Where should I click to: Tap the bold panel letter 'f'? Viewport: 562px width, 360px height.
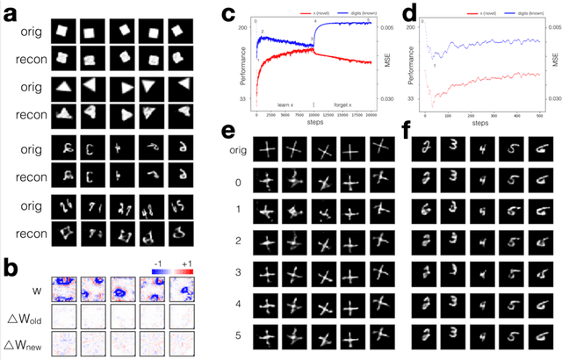(x=406, y=132)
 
